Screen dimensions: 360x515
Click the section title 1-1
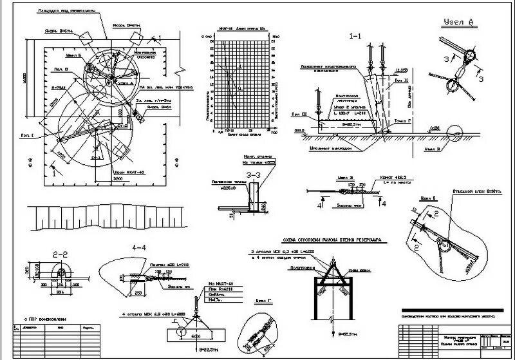coord(355,37)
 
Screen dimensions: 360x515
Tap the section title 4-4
coord(140,247)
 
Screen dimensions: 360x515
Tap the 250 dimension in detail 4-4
coord(138,292)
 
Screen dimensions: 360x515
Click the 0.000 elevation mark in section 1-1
coord(298,130)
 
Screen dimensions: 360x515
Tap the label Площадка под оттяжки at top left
coord(67,11)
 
